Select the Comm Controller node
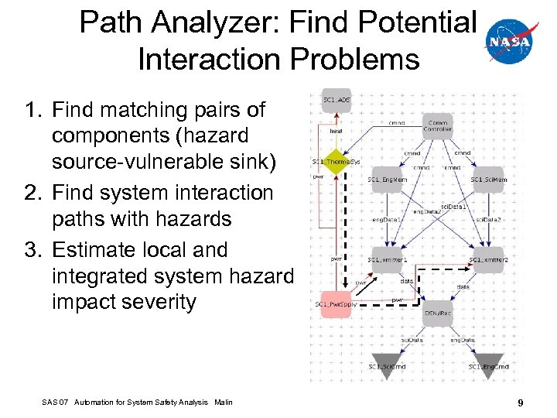(437, 124)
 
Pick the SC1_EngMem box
(388, 180)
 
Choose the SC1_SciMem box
(489, 180)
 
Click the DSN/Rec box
(438, 313)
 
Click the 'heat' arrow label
(336, 131)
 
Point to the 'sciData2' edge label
(488, 220)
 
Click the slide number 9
(521, 403)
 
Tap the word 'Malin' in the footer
(224, 402)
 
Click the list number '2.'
(32, 193)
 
